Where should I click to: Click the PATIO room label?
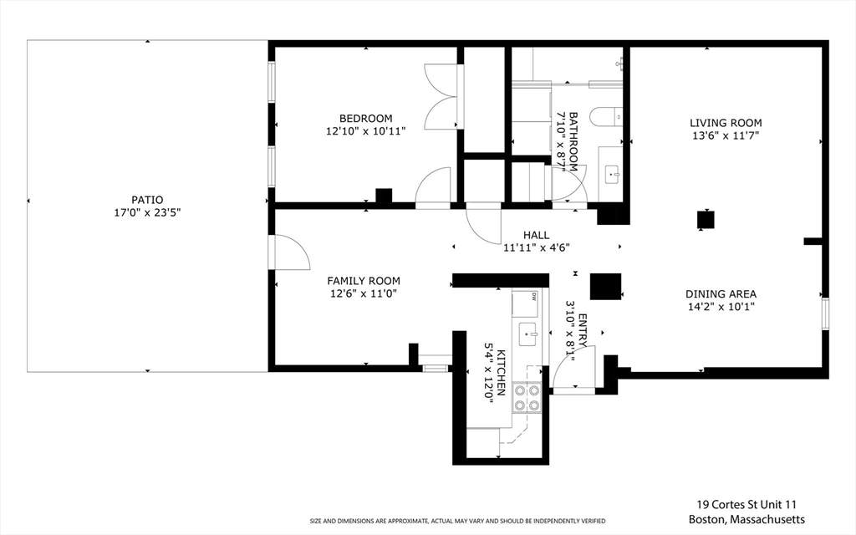click(147, 200)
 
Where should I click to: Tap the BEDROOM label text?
click(366, 119)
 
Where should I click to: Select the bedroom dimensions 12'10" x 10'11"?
click(366, 131)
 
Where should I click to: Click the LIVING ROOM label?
click(726, 123)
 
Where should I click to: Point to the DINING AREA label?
click(721, 294)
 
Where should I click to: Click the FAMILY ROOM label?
click(364, 281)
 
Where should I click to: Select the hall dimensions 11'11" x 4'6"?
click(537, 247)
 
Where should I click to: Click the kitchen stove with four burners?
click(527, 398)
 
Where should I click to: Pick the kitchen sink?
click(528, 334)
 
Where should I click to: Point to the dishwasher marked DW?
click(525, 303)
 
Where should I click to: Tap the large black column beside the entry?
click(605, 286)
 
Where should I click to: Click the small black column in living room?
click(706, 220)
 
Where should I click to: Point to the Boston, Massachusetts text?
click(746, 519)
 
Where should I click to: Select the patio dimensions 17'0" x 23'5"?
click(147, 212)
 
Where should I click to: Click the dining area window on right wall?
click(825, 313)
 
